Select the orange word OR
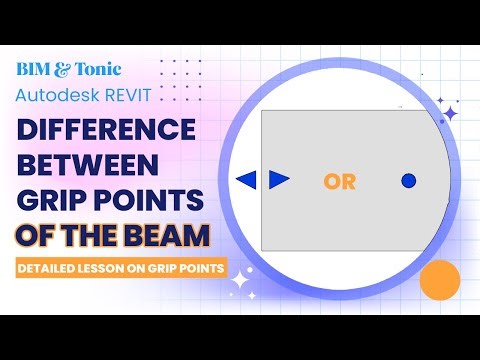coord(340,181)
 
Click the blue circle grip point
coord(408,180)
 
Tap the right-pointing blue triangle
coord(279,179)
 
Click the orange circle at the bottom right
coord(439,284)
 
